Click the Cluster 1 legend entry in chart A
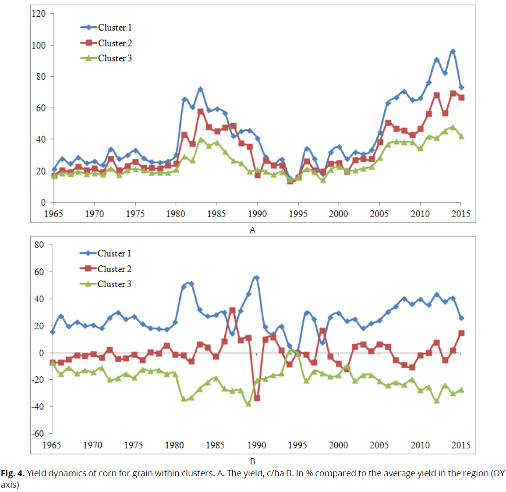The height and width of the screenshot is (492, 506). [106, 28]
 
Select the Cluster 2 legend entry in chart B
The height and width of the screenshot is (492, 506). [106, 269]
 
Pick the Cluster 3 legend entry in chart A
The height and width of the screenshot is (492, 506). [106, 58]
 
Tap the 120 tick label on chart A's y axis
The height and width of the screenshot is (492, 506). [39, 14]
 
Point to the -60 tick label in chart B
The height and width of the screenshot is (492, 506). [38, 434]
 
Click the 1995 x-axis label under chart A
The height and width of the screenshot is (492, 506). [298, 214]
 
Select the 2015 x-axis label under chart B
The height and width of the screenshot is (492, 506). [461, 446]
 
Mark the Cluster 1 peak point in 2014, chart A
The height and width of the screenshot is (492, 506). [453, 51]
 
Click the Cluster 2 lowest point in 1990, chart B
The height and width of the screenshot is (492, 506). [257, 398]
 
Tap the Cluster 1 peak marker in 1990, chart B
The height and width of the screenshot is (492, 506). [257, 278]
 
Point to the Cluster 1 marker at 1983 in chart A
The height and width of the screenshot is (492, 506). [201, 89]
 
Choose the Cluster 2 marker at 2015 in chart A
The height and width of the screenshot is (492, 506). [461, 98]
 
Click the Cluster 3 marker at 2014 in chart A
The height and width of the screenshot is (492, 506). [453, 127]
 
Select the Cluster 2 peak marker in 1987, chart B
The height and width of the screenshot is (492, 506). [232, 310]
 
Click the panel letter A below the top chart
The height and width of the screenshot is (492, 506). [252, 230]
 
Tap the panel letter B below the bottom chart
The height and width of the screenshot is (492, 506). [253, 461]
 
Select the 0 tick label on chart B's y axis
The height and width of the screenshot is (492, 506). [42, 353]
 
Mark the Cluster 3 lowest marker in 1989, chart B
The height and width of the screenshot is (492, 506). [249, 403]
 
